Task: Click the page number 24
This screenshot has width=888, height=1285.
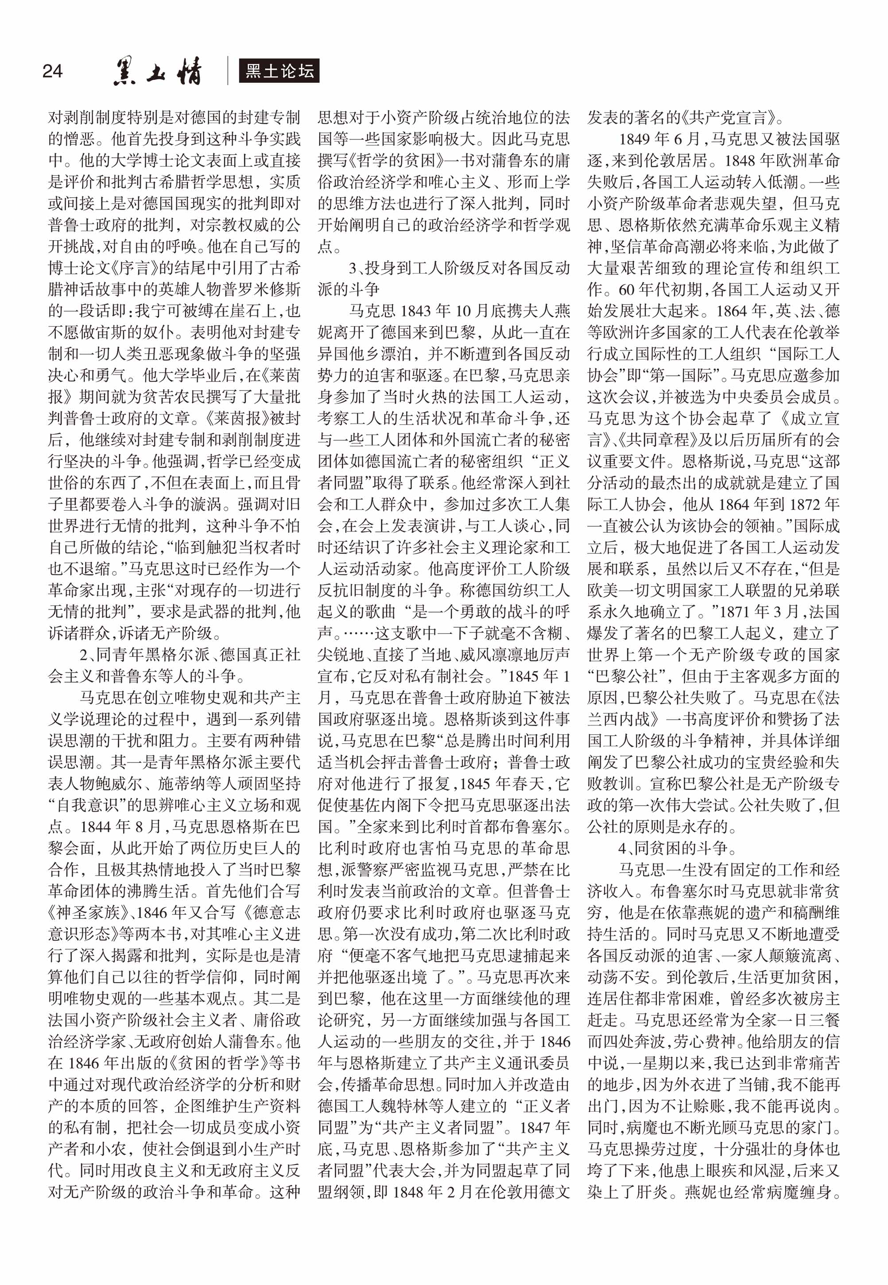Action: (x=52, y=71)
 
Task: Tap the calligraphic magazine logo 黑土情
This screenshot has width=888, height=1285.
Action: (x=158, y=72)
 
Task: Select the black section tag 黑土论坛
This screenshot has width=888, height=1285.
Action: (x=279, y=71)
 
